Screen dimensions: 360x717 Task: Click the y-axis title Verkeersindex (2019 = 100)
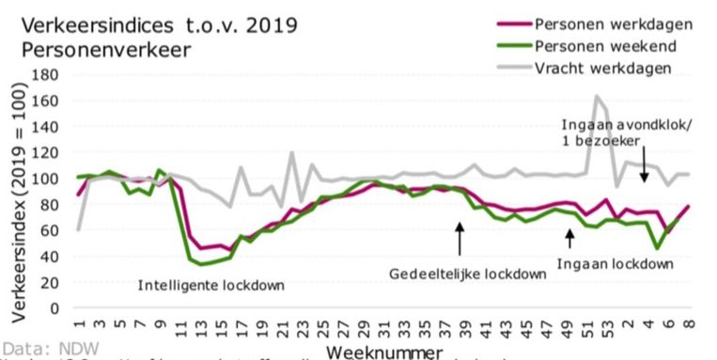click(12, 189)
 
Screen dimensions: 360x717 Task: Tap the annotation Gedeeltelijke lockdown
click(468, 274)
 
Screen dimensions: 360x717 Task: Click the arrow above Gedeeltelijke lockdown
click(459, 239)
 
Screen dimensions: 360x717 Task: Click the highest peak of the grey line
click(596, 96)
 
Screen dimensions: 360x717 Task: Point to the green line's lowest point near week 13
click(201, 264)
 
